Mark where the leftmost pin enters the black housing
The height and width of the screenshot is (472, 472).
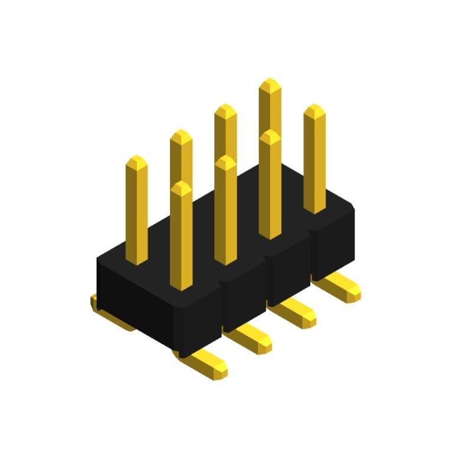(x=137, y=260)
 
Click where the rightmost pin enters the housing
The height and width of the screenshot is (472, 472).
(x=315, y=209)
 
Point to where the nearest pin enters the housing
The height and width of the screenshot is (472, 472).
(x=182, y=286)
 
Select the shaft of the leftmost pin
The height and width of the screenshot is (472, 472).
(x=137, y=212)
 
